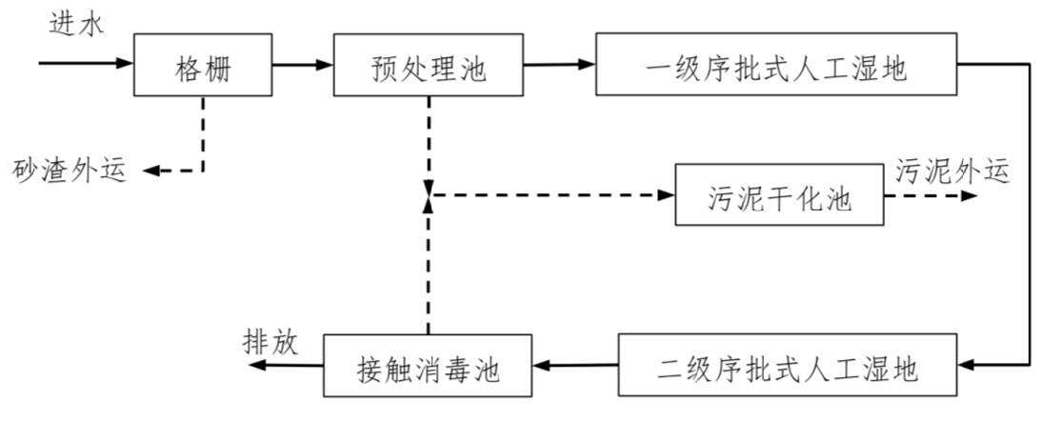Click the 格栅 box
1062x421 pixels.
click(203, 64)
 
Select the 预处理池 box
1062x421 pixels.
click(428, 64)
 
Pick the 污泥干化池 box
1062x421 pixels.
click(779, 194)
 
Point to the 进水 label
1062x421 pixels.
click(77, 24)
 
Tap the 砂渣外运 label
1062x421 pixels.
click(70, 170)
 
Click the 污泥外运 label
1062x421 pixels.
click(952, 170)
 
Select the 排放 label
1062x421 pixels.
click(271, 344)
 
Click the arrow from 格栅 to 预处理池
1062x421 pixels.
click(303, 65)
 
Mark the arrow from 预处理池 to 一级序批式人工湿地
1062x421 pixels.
click(559, 65)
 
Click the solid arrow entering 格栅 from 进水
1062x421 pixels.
click(86, 64)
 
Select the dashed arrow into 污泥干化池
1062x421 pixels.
click(551, 195)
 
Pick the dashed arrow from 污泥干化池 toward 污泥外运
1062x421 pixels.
click(931, 195)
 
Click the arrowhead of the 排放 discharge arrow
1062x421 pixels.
click(256, 366)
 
